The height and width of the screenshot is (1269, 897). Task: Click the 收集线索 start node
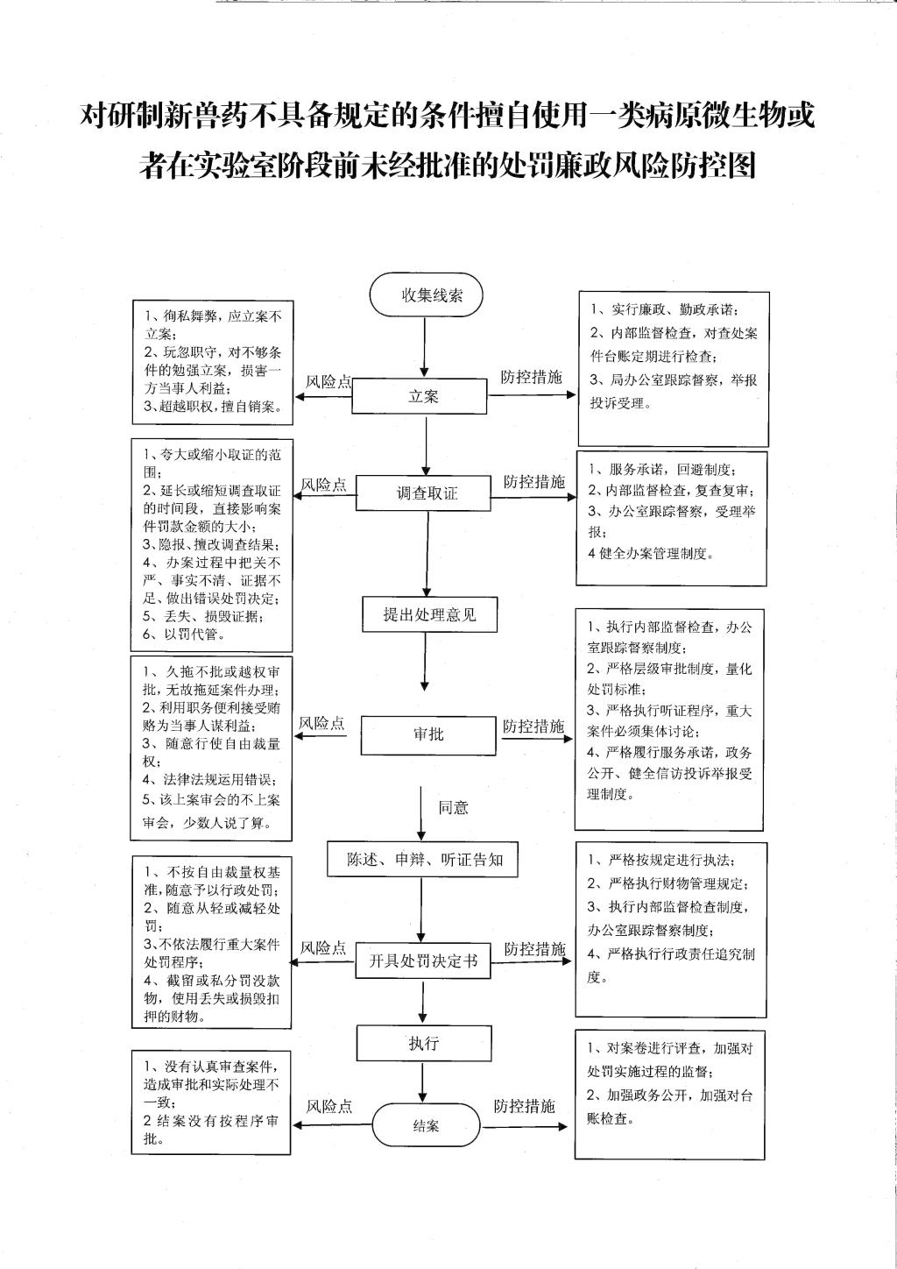426,295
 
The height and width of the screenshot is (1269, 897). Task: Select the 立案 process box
423,396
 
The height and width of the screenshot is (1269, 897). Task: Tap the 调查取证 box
427,493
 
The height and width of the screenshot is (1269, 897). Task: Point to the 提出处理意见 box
429,614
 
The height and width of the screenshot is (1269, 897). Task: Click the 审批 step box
428,734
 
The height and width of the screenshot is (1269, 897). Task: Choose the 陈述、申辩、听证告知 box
425,860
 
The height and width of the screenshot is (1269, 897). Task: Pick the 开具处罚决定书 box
422,961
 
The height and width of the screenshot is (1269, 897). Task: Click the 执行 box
423,1043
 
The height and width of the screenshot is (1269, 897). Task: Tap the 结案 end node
426,1126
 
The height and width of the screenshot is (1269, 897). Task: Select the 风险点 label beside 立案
328,382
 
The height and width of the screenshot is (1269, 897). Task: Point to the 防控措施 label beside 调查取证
533,482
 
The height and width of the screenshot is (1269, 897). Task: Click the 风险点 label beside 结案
328,1107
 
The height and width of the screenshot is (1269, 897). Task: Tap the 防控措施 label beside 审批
533,726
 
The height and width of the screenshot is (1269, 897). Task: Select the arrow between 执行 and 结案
423,1082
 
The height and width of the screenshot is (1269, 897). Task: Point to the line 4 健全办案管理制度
650,553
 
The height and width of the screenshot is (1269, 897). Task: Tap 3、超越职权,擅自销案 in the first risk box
213,407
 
